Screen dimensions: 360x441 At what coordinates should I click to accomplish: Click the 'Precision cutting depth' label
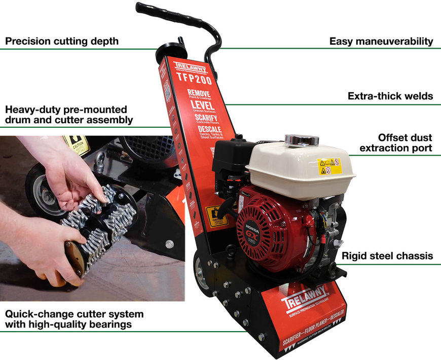[61, 41]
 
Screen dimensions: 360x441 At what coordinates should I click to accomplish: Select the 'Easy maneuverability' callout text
[381, 41]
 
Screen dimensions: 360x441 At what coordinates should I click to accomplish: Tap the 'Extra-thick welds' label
[390, 96]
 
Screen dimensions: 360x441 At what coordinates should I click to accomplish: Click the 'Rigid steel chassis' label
[388, 256]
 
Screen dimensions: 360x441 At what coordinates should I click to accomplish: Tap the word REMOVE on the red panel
[199, 93]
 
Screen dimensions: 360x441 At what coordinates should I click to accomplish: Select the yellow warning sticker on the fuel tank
[329, 166]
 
